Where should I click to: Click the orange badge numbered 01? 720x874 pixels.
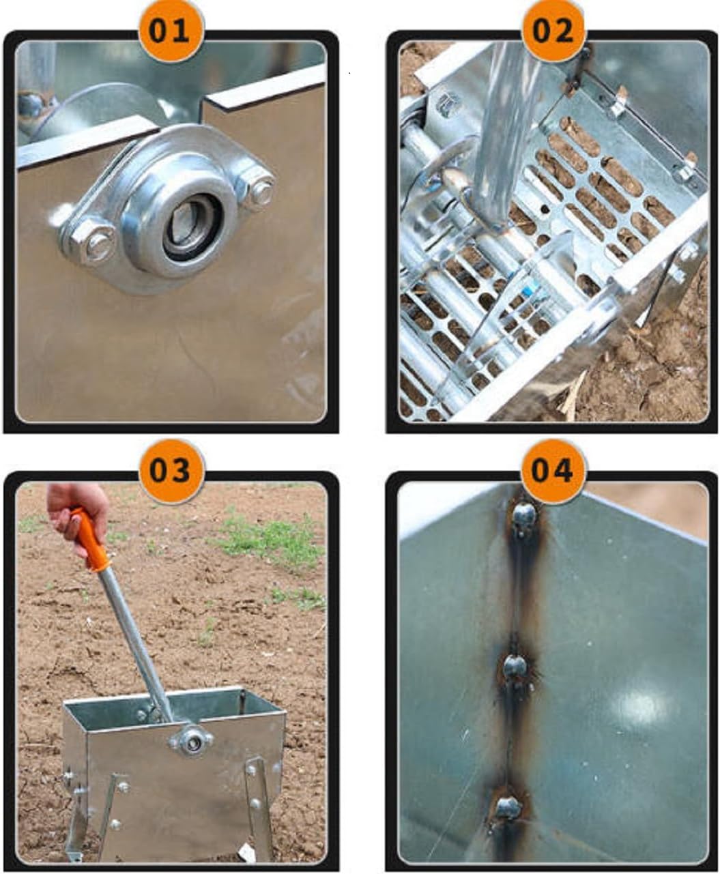pyautogui.click(x=171, y=31)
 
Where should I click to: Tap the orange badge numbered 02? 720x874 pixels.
pyautogui.click(x=553, y=31)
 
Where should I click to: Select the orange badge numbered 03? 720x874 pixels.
pyautogui.click(x=171, y=471)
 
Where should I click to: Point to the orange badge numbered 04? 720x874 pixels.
pyautogui.click(x=553, y=471)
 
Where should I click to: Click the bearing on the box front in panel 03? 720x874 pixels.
pyautogui.click(x=190, y=738)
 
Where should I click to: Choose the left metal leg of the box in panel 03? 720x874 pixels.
pyautogui.click(x=78, y=819)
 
